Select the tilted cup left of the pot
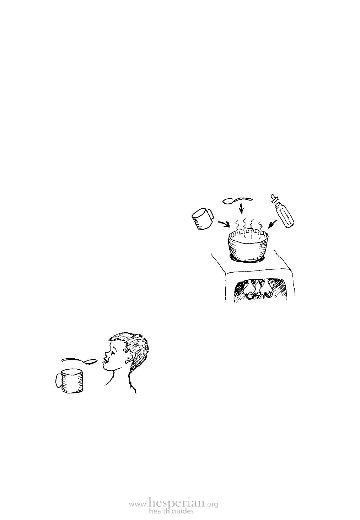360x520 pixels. click(203, 219)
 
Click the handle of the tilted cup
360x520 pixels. click(210, 214)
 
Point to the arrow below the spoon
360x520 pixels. click(242, 209)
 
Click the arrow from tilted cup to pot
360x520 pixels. click(224, 224)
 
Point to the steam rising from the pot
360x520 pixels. click(248, 226)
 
